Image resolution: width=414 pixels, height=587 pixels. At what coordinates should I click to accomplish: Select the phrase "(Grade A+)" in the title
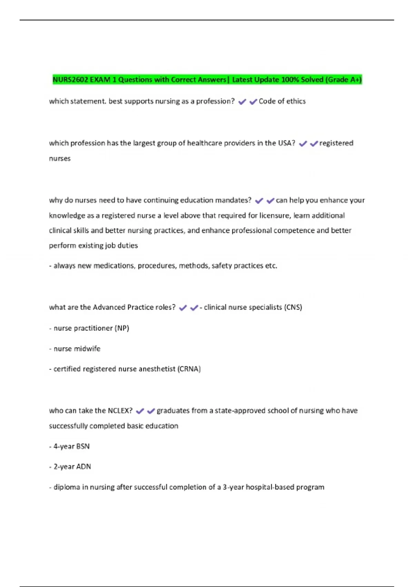343,80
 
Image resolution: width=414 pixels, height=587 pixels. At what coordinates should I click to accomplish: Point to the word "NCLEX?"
120,411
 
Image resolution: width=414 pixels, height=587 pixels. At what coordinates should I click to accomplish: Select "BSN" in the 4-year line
83,446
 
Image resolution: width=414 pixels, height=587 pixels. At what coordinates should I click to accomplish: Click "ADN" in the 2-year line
83,466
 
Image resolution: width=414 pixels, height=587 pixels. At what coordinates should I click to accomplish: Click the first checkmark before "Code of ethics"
242,102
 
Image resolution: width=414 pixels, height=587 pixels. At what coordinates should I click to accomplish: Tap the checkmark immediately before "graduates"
151,411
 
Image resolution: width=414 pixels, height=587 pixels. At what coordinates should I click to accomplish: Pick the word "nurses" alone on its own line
60,158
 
